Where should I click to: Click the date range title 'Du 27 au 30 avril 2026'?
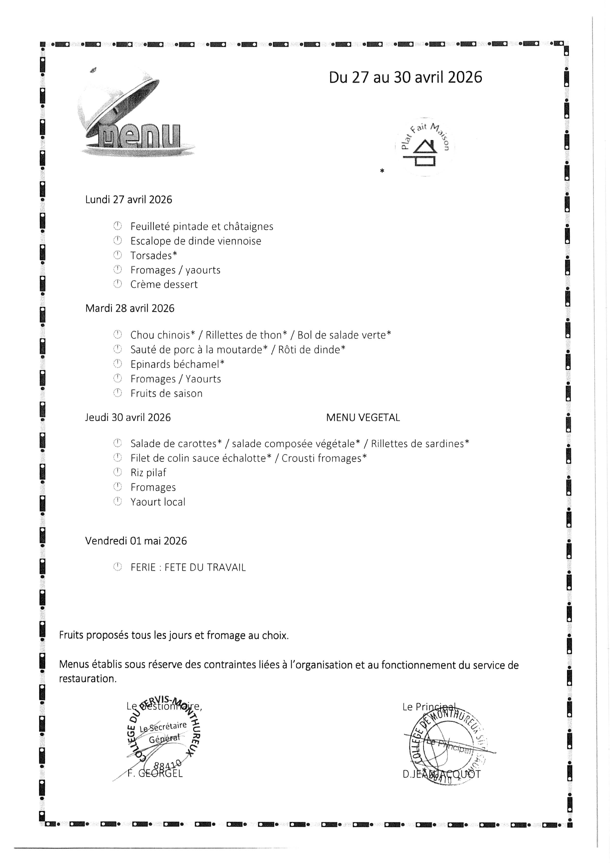click(x=405, y=77)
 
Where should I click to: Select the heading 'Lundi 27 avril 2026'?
click(x=129, y=200)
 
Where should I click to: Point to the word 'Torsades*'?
click(x=153, y=256)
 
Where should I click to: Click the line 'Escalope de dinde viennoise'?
click(x=196, y=241)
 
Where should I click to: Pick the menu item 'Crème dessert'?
click(x=164, y=285)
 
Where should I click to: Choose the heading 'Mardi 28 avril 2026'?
click(x=130, y=308)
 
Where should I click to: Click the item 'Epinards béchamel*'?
click(x=177, y=364)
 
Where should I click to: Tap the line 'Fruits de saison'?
click(x=166, y=394)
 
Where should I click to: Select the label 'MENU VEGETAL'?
click(x=363, y=417)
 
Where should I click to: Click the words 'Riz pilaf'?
click(x=148, y=473)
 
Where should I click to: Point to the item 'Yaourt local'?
click(x=158, y=502)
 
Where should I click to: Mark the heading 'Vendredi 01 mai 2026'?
click(x=136, y=541)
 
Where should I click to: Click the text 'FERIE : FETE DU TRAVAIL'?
click(x=188, y=568)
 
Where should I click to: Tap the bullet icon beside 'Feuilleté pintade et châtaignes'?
click(x=118, y=226)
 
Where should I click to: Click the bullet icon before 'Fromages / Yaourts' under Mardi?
click(x=118, y=379)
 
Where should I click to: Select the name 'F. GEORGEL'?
click(x=155, y=773)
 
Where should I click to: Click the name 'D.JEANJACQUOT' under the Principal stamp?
click(x=441, y=774)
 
